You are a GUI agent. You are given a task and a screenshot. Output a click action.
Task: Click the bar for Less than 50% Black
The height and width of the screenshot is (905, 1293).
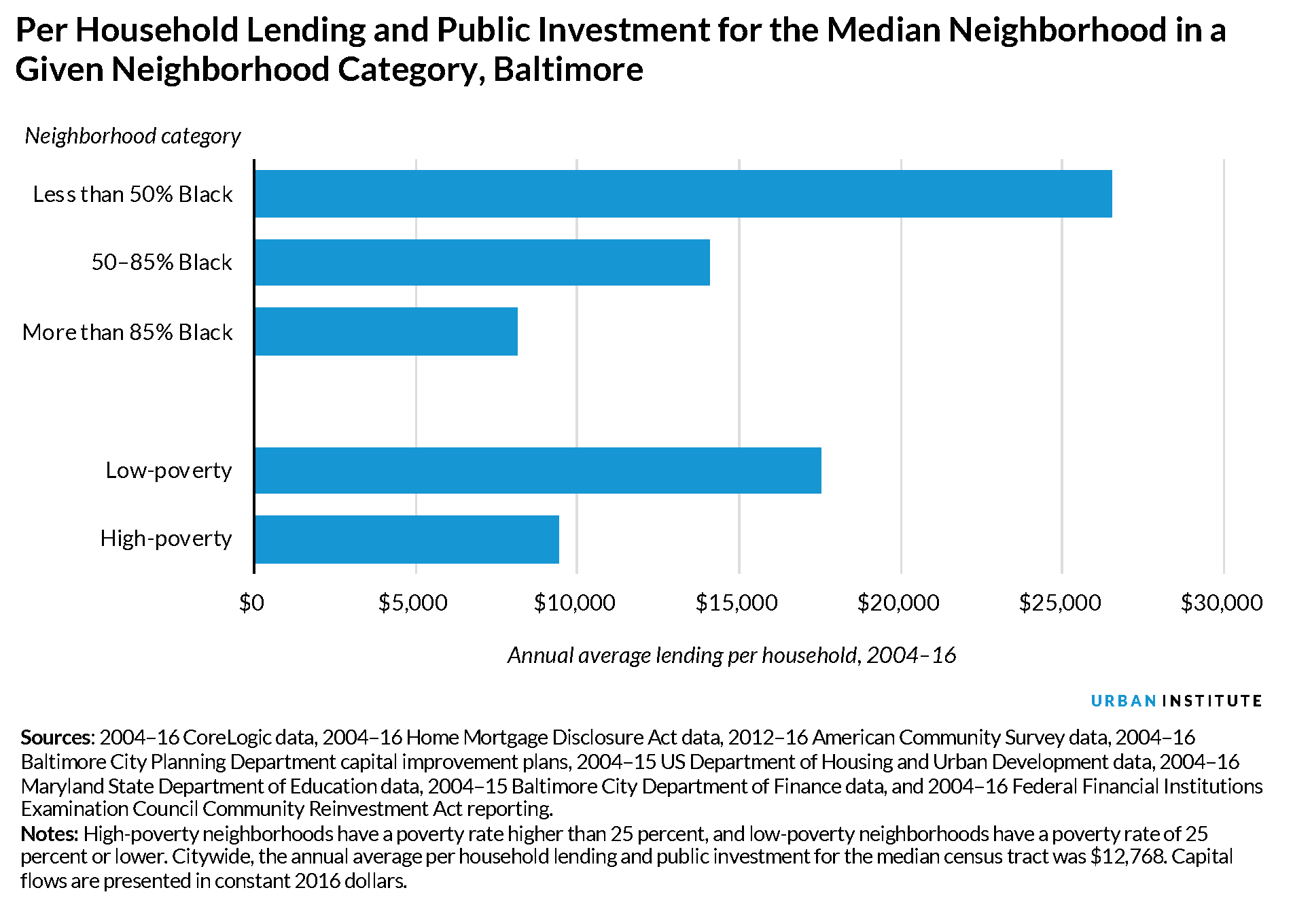click(683, 194)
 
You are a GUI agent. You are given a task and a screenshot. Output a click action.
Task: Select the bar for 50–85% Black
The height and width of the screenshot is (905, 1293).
click(482, 262)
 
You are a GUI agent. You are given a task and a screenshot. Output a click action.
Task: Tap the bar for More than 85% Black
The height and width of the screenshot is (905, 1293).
click(386, 331)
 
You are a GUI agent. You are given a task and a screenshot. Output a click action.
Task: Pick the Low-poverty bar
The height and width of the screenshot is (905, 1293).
click(537, 471)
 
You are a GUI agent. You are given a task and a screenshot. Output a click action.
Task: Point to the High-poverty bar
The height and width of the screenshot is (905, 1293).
click(406, 539)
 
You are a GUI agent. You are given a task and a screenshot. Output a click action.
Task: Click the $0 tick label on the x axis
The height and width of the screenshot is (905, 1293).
click(252, 602)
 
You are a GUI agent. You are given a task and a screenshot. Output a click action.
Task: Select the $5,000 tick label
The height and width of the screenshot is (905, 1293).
click(413, 602)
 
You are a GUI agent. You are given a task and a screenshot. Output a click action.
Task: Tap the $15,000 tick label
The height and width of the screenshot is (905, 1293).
click(737, 602)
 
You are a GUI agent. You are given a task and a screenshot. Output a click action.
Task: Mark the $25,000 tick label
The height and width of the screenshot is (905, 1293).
click(1060, 602)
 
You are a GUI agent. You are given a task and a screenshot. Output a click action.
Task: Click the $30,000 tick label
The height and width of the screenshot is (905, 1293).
click(1222, 602)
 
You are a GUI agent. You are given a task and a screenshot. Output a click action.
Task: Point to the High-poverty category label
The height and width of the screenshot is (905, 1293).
click(166, 539)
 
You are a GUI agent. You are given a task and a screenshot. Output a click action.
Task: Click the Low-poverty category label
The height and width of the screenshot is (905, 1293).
click(169, 471)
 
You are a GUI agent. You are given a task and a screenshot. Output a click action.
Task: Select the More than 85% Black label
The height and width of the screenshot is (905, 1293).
click(128, 332)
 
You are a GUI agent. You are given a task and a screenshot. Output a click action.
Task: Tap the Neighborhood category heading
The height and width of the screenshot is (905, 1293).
click(133, 136)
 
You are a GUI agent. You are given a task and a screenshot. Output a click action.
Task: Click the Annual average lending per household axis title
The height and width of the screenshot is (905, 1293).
click(732, 655)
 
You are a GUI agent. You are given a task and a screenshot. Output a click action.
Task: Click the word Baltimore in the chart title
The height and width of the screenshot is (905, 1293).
click(568, 69)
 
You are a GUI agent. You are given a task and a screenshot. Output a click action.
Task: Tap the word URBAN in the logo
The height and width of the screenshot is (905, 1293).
click(1123, 701)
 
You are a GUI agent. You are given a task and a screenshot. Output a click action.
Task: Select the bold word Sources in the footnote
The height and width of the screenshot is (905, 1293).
click(55, 738)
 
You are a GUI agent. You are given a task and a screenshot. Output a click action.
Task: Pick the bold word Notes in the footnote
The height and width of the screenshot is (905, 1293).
click(49, 834)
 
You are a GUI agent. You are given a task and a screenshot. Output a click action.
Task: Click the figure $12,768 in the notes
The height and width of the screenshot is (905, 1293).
click(1128, 857)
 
